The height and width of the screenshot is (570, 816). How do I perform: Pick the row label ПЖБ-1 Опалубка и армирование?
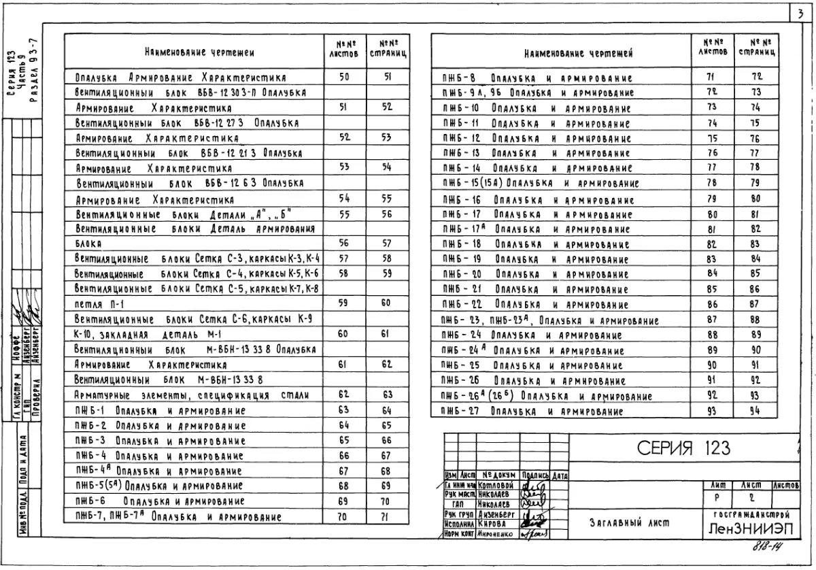[160, 411]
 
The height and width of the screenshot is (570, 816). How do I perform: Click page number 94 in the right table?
[755, 411]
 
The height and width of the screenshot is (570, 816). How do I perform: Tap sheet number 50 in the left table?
[344, 77]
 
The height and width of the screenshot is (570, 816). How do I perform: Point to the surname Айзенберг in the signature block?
[495, 515]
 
